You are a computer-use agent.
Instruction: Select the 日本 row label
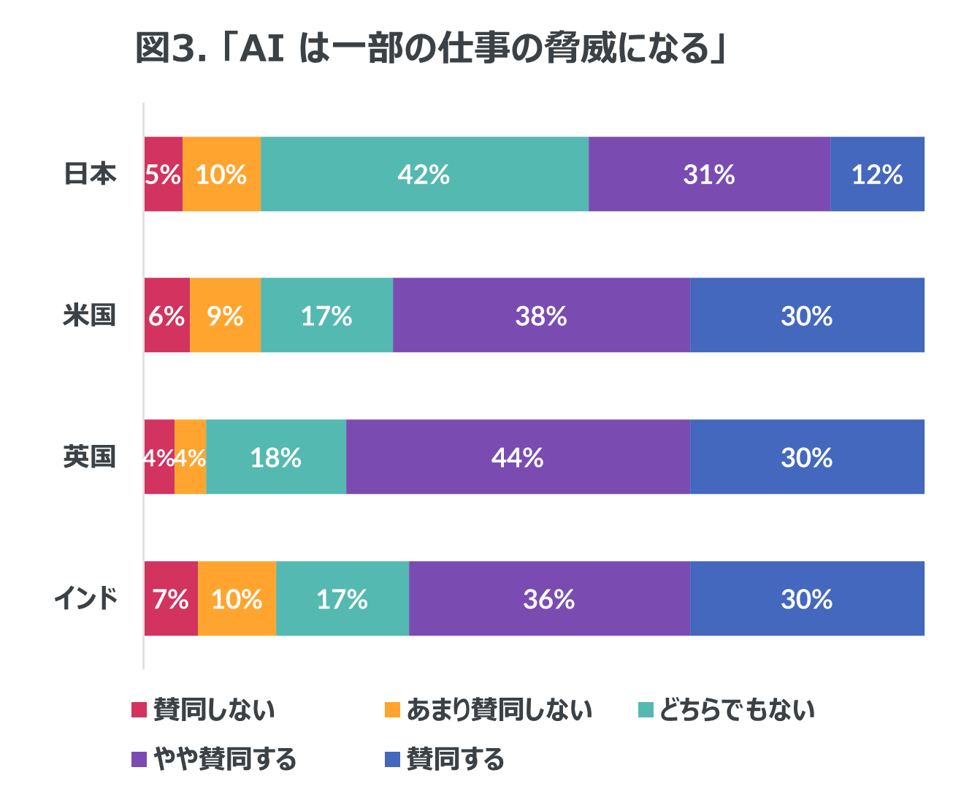(90, 175)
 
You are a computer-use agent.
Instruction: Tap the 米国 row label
(89, 316)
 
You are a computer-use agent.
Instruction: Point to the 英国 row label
(89, 457)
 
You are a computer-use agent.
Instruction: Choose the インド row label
(85, 599)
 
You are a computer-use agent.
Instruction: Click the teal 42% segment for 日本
(424, 175)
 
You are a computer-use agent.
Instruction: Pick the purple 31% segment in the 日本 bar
(708, 175)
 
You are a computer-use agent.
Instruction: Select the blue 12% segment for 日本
(877, 175)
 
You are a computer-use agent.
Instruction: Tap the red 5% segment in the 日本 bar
(163, 175)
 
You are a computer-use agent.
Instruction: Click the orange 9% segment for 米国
(225, 316)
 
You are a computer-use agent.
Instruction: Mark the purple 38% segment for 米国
(541, 316)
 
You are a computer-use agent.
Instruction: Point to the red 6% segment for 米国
(167, 316)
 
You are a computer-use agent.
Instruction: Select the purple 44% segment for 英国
(518, 457)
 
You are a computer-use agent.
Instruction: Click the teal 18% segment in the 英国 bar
(275, 457)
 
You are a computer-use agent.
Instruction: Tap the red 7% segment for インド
(171, 599)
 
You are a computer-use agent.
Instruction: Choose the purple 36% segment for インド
(549, 599)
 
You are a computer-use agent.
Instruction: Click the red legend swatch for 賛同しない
(139, 709)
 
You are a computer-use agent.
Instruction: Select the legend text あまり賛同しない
(499, 709)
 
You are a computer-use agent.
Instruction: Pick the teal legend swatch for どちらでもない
(646, 709)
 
